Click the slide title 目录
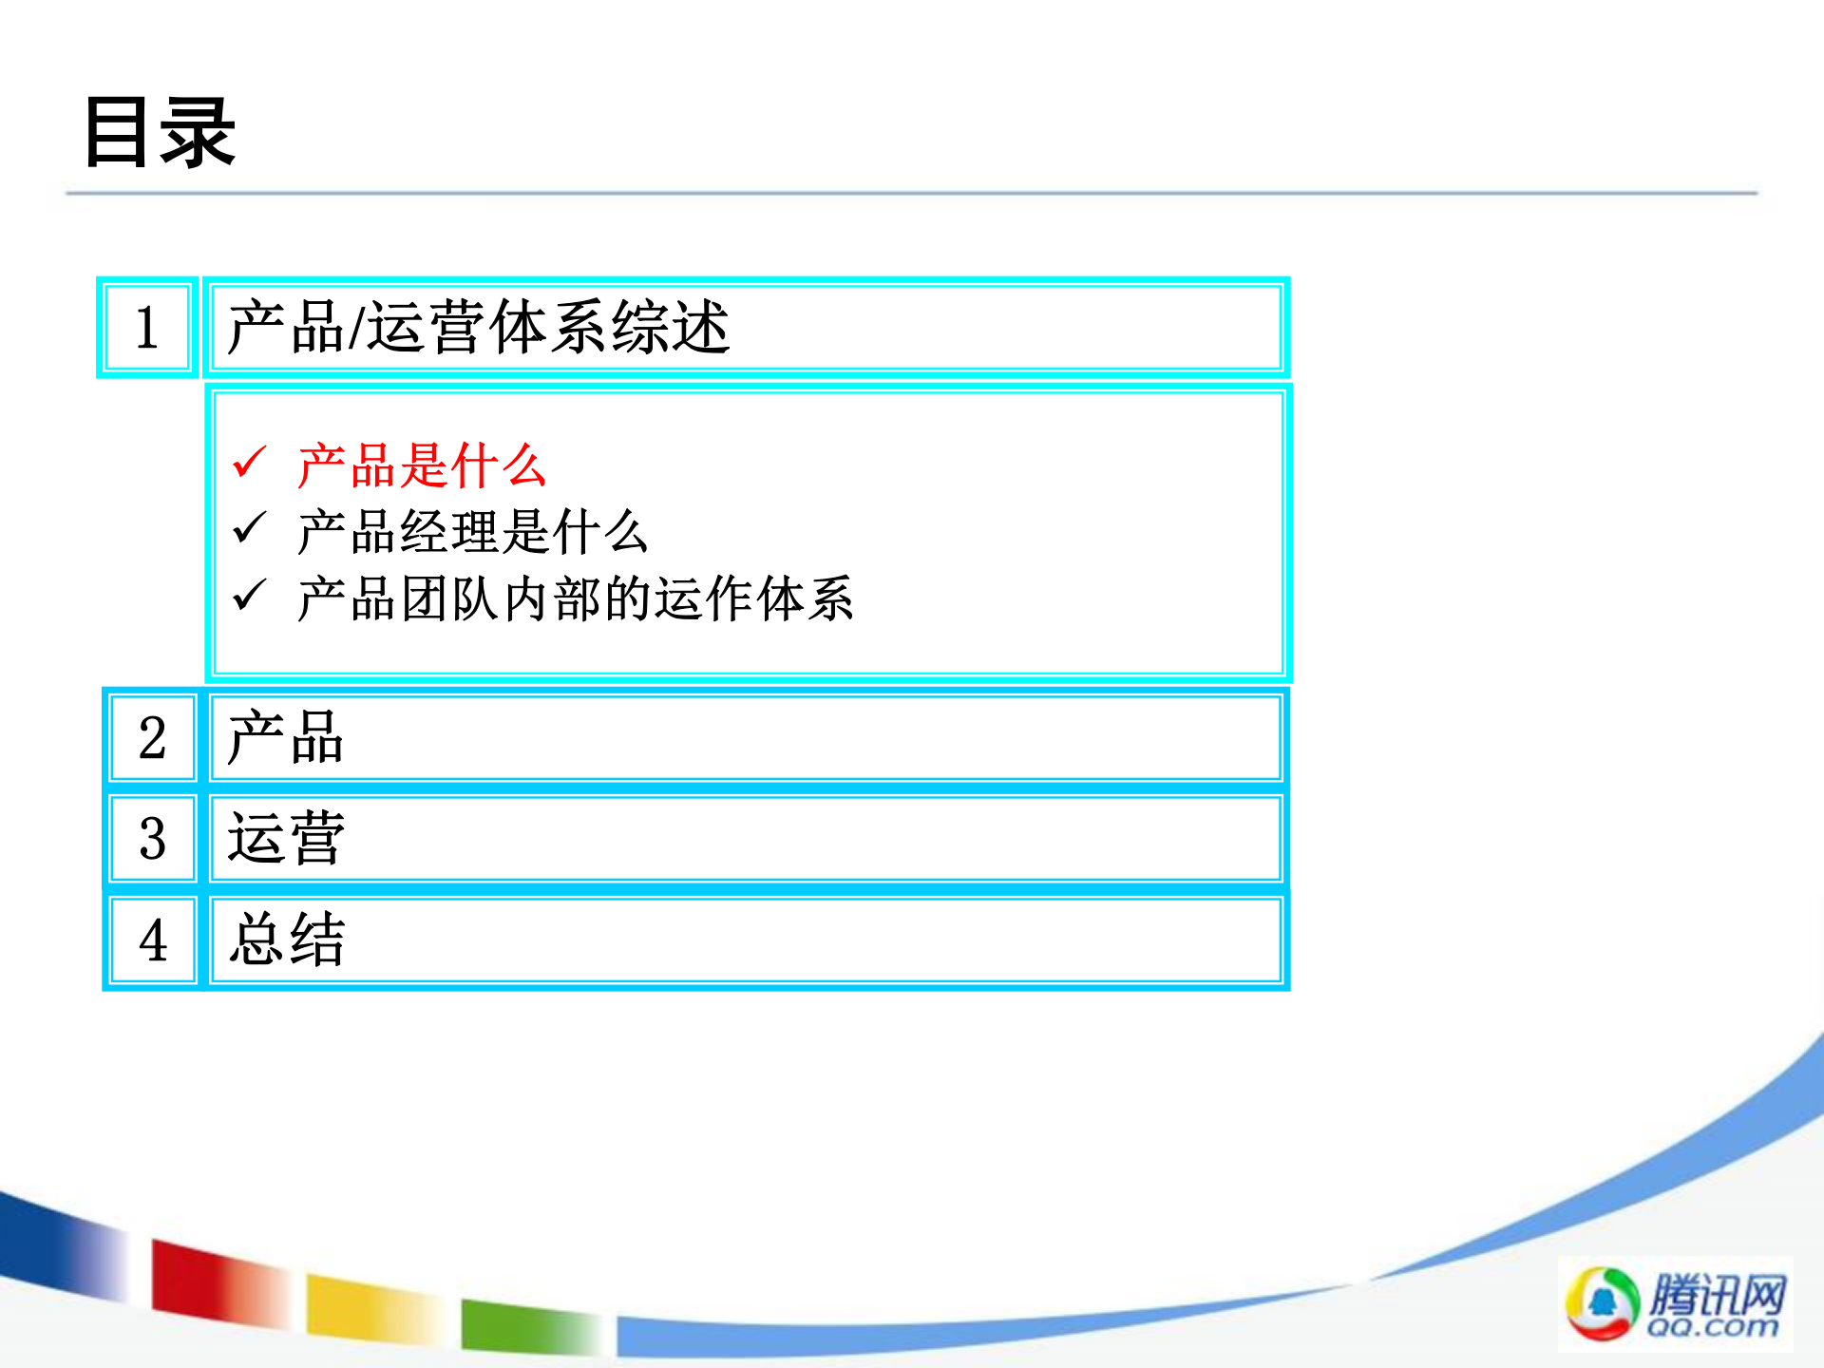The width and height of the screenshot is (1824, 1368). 160,133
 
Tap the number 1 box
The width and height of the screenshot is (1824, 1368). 147,328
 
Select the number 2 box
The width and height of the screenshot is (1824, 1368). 152,738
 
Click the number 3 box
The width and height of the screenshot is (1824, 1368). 152,839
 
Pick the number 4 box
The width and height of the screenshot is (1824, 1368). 152,940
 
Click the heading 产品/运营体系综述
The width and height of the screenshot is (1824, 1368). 478,328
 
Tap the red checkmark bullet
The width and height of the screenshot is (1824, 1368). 250,463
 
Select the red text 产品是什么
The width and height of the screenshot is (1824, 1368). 421,465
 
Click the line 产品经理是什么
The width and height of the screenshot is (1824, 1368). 472,532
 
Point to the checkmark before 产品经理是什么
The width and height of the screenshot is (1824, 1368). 250,528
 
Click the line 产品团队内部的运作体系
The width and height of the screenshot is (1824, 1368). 575,599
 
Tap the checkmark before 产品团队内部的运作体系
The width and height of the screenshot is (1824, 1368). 250,596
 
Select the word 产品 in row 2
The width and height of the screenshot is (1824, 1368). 285,738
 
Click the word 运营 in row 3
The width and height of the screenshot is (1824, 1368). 285,839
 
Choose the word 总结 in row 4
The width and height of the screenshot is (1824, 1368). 287,940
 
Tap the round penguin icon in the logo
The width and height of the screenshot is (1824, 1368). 1602,1303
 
